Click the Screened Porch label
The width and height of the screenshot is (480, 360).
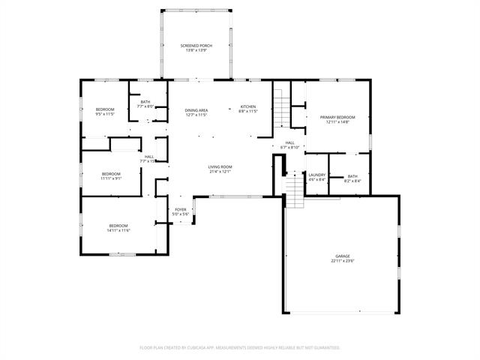coord(196,46)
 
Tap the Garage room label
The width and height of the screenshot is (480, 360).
coord(342,256)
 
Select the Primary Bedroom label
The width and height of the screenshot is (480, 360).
coord(337,117)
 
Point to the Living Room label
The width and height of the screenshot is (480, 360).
coord(220,166)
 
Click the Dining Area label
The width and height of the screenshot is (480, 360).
coord(196,110)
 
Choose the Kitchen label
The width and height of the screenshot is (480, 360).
coord(248,106)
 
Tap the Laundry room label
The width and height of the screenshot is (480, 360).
coord(317,175)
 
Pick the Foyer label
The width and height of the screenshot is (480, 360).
coord(181,209)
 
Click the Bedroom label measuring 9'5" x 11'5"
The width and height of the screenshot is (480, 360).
coord(105,109)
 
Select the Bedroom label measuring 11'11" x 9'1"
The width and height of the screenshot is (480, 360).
coord(111,173)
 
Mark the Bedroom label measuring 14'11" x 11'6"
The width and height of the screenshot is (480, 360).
coord(118,226)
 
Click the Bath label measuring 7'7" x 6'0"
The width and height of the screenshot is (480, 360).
coord(145,102)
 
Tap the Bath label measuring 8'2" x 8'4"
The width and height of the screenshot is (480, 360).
coord(352,176)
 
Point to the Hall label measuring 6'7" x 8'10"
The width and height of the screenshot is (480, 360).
coord(289,142)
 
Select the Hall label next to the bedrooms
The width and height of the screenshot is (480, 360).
coord(149,157)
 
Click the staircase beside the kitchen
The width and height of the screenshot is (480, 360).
coord(281,107)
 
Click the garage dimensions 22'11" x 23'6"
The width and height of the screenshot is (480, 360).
coord(342,261)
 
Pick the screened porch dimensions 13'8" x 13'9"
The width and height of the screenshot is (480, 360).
coord(196,50)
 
